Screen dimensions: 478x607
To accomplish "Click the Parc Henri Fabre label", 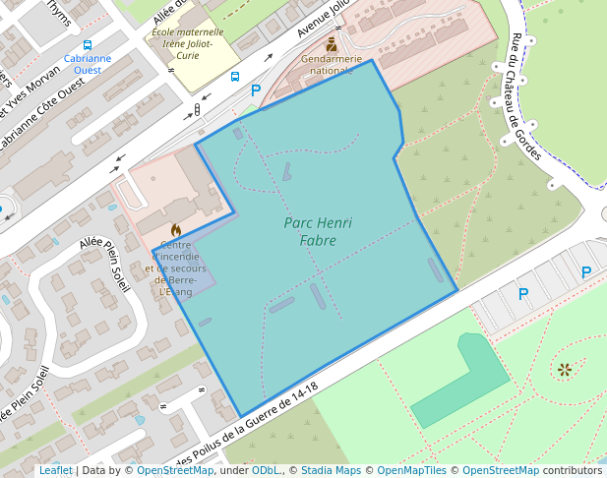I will click(x=318, y=231).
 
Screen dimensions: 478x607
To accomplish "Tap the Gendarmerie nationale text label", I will click(x=332, y=65).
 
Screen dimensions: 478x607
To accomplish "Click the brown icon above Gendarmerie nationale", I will click(x=332, y=45).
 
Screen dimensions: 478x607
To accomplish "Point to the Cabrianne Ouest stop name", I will click(x=88, y=64).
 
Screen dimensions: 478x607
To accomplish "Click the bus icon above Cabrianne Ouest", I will click(x=88, y=45).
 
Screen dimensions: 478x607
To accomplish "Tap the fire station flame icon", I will click(x=176, y=229).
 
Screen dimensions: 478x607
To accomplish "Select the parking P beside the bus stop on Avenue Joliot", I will click(x=256, y=90).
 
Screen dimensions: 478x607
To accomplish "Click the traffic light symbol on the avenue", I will click(x=197, y=110).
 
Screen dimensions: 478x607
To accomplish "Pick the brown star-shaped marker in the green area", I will click(x=564, y=370).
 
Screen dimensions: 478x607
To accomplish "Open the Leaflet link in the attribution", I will click(x=55, y=470).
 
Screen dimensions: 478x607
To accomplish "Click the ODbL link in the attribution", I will click(x=266, y=470).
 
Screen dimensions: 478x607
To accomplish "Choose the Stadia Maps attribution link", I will click(x=331, y=470).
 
